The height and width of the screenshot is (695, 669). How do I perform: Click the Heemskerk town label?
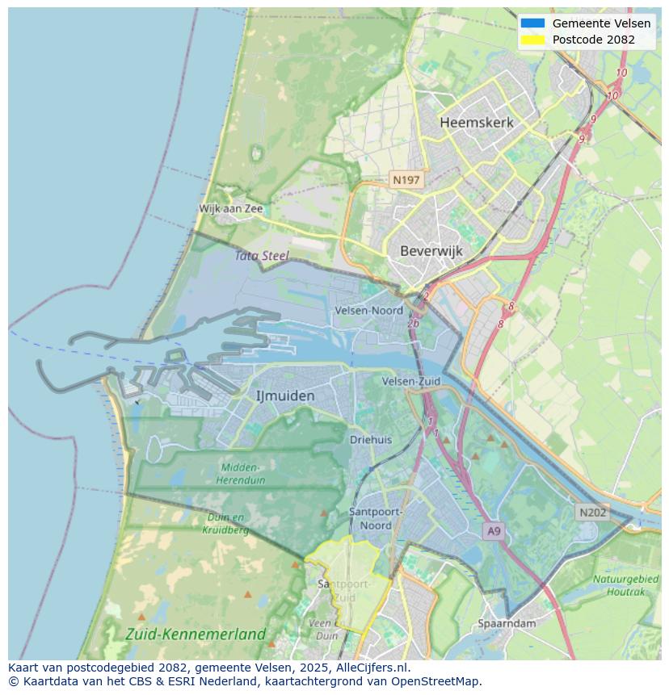[476, 123]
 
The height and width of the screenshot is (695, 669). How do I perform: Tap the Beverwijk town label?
[431, 251]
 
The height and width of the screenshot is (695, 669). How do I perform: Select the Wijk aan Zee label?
[231, 208]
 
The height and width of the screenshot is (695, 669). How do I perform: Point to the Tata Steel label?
[262, 256]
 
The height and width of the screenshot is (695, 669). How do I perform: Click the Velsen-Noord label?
[368, 310]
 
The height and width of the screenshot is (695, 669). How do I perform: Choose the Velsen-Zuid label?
[411, 381]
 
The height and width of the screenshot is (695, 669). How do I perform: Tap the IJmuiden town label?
[285, 396]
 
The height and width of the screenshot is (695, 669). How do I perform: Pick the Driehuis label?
[371, 440]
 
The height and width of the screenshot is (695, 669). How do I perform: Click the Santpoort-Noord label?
[376, 518]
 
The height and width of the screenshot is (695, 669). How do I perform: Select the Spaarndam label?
[507, 623]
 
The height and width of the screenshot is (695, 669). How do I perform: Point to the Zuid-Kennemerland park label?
[196, 634]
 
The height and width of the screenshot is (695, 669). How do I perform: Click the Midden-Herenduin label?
[240, 474]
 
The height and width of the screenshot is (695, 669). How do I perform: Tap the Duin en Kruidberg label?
[227, 523]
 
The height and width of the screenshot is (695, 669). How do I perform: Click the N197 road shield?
[406, 180]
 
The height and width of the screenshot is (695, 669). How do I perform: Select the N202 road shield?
[593, 513]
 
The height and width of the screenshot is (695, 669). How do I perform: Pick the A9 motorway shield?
[494, 531]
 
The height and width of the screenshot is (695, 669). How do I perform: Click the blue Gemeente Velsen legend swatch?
[532, 23]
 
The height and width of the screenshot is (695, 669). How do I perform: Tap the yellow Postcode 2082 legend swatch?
[532, 40]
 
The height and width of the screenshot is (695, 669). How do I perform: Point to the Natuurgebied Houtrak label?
[625, 585]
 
